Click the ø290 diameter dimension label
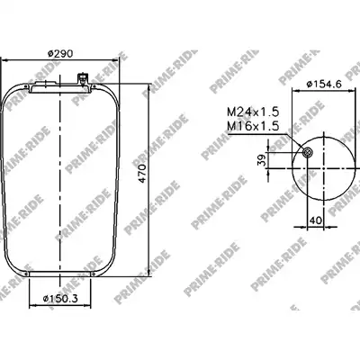click(x=60, y=54)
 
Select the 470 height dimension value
click(x=142, y=174)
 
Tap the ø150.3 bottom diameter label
click(x=60, y=299)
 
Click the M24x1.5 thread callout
click(x=253, y=112)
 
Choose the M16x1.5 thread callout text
click(x=253, y=126)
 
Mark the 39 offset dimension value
click(x=260, y=160)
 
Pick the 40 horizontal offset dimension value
click(x=315, y=220)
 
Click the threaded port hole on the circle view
click(x=307, y=153)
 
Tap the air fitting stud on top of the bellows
click(x=82, y=78)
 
